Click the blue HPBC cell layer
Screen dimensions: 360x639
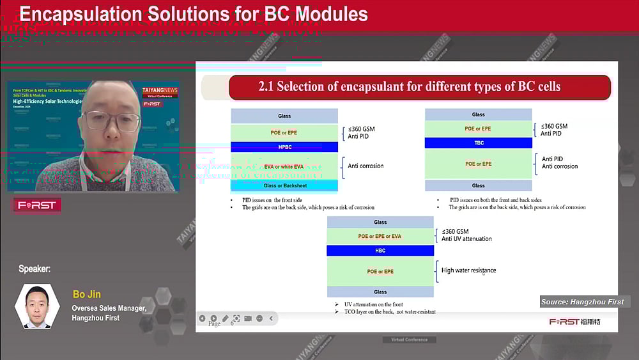point(284,147)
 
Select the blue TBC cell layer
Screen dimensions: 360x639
point(478,143)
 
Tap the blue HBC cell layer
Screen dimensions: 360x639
point(380,251)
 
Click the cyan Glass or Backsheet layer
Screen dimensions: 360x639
point(284,185)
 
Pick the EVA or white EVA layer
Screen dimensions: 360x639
point(284,166)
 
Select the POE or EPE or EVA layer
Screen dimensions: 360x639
point(380,236)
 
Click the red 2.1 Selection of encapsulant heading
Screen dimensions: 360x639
point(419,87)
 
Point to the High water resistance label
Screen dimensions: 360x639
point(468,270)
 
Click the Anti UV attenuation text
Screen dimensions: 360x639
point(466,239)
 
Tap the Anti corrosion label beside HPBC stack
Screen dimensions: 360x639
point(366,166)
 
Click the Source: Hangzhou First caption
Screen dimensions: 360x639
point(581,302)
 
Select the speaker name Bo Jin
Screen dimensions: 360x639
point(87,294)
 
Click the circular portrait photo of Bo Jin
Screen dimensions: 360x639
point(38,306)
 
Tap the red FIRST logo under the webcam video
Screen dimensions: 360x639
point(37,205)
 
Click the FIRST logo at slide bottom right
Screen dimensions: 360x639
point(574,322)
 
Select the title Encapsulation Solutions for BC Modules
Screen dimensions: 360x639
point(194,14)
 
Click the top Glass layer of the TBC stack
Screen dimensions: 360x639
point(478,114)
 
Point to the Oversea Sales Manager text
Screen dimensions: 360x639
point(109,308)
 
